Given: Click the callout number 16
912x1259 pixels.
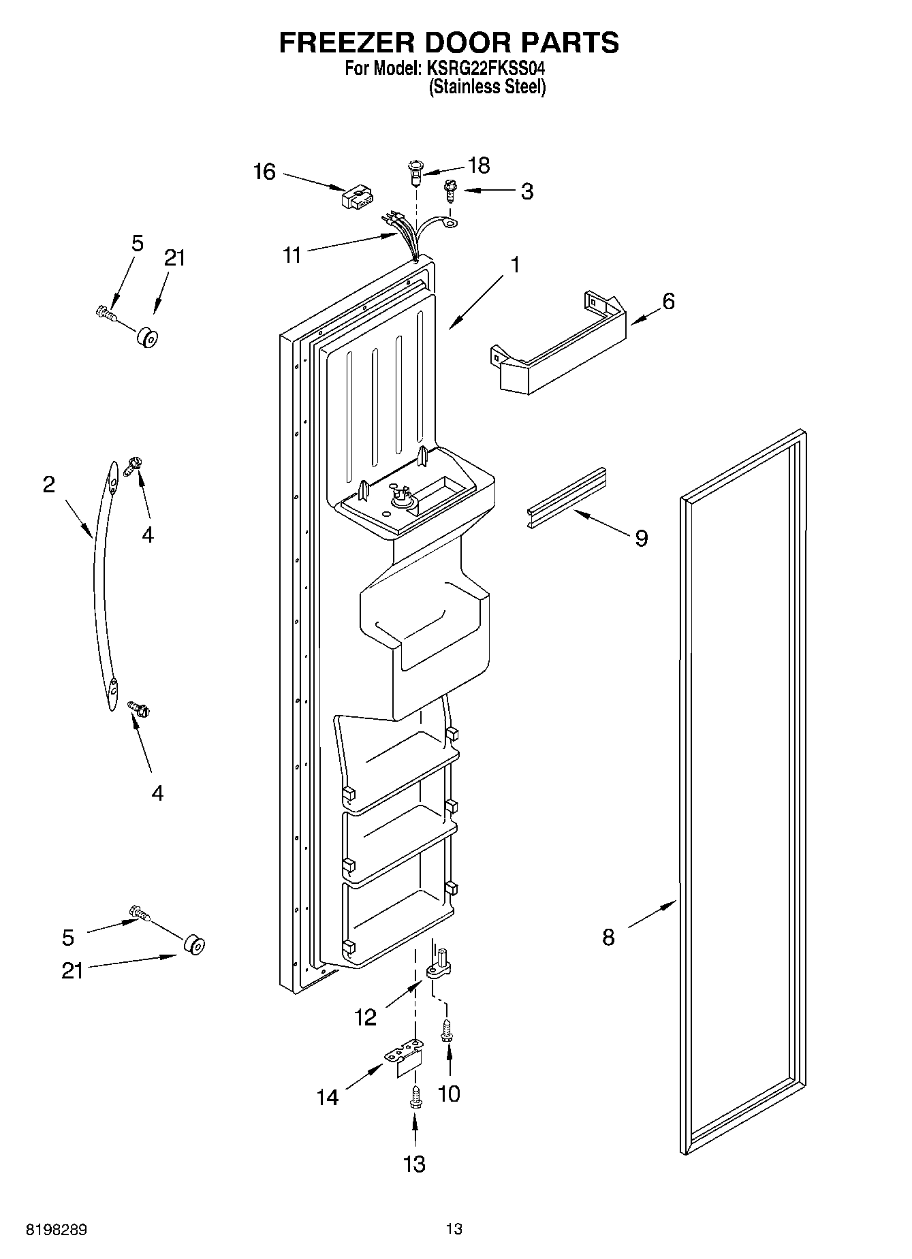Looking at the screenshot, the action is (264, 172).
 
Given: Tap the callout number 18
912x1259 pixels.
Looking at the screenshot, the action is (479, 165).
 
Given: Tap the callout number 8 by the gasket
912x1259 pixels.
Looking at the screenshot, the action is (608, 937).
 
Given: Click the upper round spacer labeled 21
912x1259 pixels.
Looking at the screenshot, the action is (146, 338).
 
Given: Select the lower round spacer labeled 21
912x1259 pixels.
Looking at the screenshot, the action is (194, 945).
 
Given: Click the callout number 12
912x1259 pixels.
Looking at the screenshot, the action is (365, 1017).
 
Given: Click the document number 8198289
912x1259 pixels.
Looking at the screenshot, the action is (57, 1229).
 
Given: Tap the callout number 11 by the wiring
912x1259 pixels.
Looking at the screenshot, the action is (292, 255).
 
